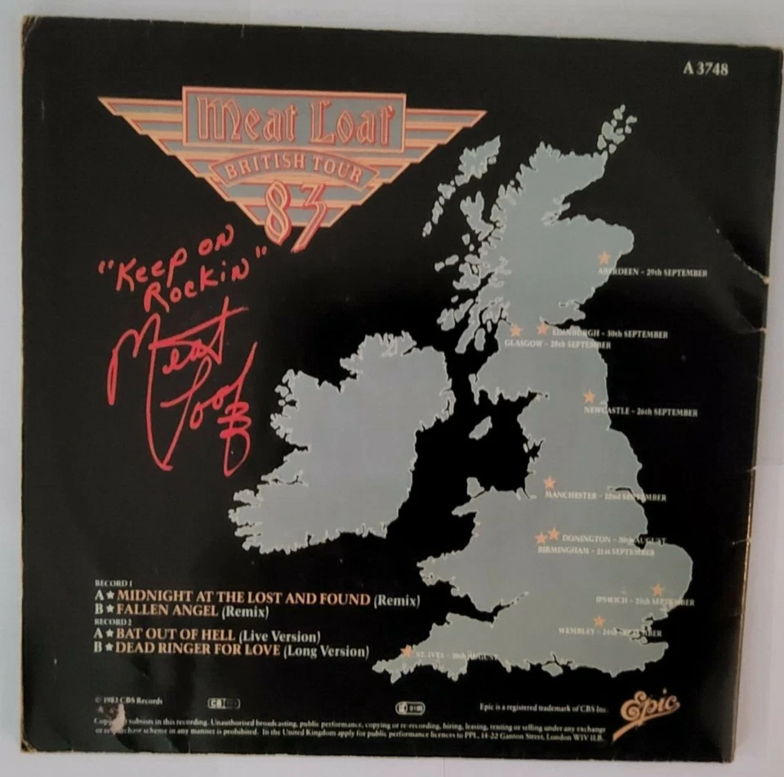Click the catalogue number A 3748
[704, 69]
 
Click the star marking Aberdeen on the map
[604, 257]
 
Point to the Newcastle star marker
[589, 396]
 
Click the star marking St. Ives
[407, 651]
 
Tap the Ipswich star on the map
[657, 589]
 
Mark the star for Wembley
[599, 621]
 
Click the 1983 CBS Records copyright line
[130, 701]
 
